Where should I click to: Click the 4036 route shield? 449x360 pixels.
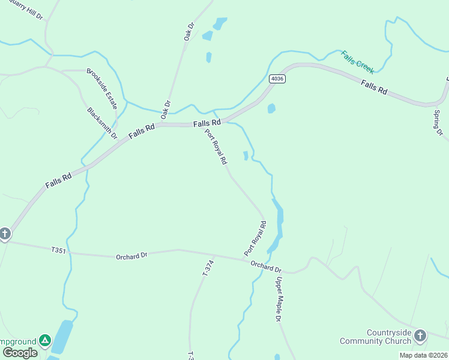coord(277,79)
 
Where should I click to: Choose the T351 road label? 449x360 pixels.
coord(58,250)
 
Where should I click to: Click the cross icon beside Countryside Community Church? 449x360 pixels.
coord(420,335)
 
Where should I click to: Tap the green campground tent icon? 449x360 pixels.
coord(45,341)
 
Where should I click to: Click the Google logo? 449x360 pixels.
coord(19,353)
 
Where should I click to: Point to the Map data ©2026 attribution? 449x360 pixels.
coord(423,355)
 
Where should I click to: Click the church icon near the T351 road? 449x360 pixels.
coord(5,233)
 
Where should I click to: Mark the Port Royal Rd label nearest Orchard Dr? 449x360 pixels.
coord(255,239)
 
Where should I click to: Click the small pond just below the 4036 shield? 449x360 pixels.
coord(271,109)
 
